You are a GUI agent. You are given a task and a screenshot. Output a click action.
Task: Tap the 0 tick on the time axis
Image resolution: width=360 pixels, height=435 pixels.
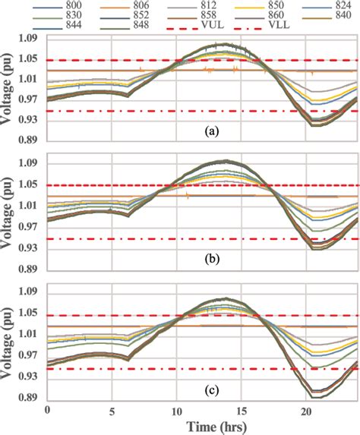(47, 409)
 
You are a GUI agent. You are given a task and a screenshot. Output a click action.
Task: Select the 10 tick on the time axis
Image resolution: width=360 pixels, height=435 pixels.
(177, 409)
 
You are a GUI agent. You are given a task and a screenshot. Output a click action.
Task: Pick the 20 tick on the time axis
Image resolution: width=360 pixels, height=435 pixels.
(306, 409)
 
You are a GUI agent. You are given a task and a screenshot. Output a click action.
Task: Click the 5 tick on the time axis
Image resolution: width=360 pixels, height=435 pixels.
(112, 409)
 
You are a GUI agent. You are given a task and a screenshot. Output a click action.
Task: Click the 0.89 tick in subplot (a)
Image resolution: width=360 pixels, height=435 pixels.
(29, 140)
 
